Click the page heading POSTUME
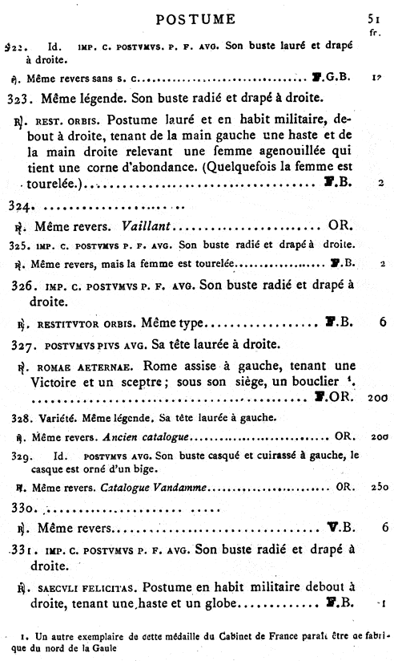195,18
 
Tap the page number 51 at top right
373,18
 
